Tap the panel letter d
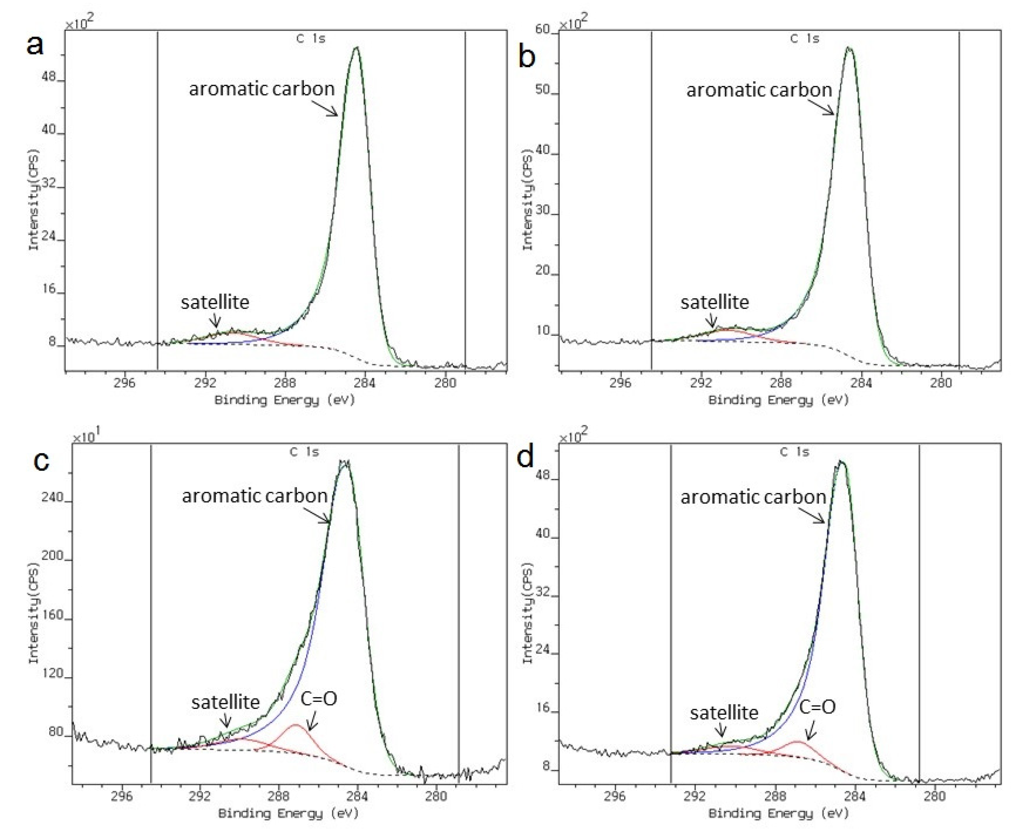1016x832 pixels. [x=525, y=457]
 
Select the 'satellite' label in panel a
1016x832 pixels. [x=215, y=302]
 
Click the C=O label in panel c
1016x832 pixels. [x=319, y=699]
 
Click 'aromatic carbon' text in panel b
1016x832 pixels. [x=759, y=90]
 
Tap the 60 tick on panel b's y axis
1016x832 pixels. [x=543, y=30]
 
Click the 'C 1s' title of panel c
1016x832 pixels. [x=304, y=452]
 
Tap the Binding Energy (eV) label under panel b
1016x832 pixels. [x=778, y=400]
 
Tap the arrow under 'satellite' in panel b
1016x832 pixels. [x=713, y=320]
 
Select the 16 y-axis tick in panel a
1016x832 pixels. [x=49, y=289]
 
